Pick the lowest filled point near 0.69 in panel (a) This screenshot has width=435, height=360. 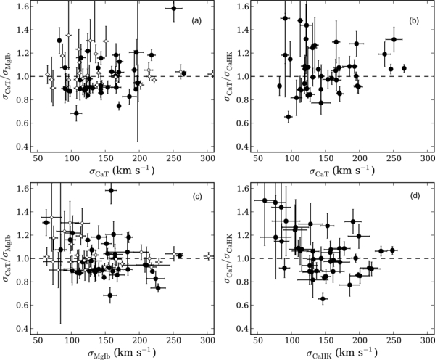point(76,112)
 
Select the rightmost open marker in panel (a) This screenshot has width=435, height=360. point(211,74)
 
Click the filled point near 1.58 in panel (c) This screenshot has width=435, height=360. point(111,190)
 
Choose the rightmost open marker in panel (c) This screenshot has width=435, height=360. point(208,256)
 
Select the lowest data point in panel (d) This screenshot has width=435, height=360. point(323,298)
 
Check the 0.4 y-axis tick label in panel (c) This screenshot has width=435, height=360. point(22,328)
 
